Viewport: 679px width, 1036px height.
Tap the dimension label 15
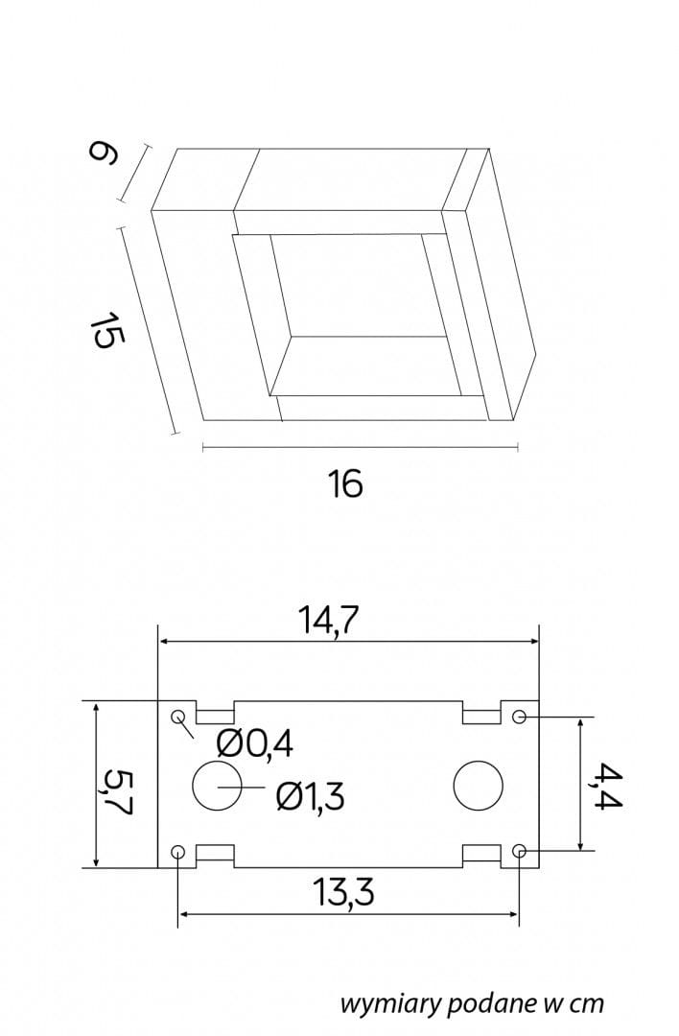[105, 329]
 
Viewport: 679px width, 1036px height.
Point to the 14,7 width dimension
[328, 620]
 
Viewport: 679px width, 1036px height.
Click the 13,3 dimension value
[342, 892]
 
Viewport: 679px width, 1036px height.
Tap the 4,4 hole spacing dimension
[606, 785]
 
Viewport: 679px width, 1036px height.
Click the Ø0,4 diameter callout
[254, 745]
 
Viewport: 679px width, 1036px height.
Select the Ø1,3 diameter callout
[310, 795]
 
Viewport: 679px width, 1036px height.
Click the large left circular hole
[217, 786]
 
